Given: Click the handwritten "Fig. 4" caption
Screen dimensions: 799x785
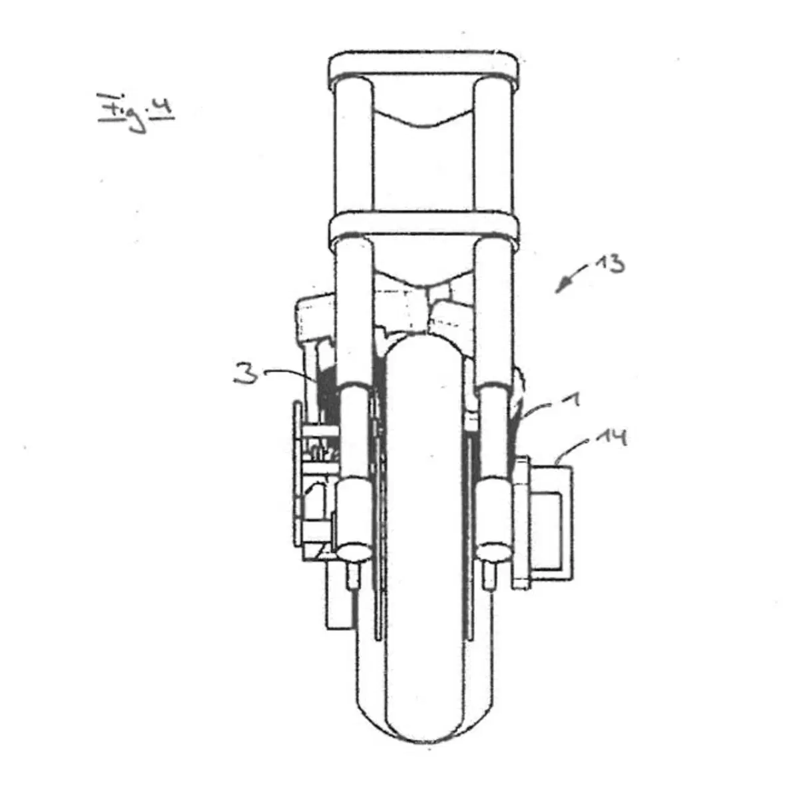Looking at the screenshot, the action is tap(136, 112).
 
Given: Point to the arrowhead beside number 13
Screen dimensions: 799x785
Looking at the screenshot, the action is tap(561, 288).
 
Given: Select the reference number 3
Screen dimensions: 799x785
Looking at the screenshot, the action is tap(246, 373).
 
